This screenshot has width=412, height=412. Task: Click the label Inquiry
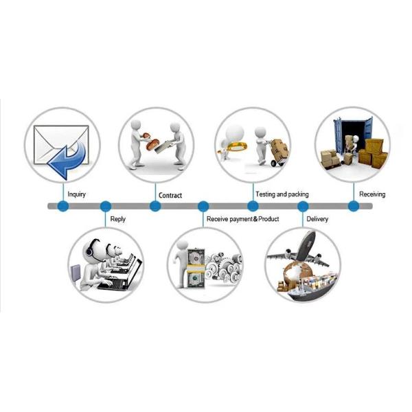click(76, 194)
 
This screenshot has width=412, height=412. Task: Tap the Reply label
click(117, 220)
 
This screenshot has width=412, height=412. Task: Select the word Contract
click(170, 196)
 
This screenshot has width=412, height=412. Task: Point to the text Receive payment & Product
click(243, 220)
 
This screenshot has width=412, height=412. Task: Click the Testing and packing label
click(282, 194)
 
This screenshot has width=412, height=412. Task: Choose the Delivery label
click(317, 220)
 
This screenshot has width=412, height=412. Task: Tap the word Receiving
click(372, 194)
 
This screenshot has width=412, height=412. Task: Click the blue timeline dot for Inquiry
click(63, 206)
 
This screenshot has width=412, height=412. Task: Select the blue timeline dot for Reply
click(105, 206)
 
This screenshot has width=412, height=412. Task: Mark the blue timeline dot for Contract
click(156, 206)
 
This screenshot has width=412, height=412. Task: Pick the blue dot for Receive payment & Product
click(203, 206)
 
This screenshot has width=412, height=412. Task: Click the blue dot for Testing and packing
click(253, 206)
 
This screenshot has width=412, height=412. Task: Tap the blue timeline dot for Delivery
click(303, 206)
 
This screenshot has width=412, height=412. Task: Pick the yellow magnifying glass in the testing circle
click(233, 146)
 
